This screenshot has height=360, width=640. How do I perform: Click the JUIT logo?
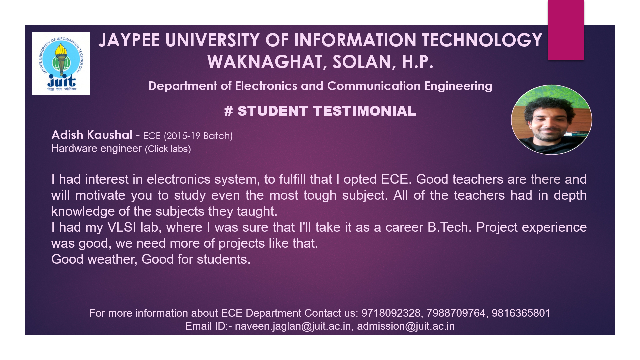(x=61, y=63)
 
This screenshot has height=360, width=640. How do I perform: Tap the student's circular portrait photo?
(x=552, y=120)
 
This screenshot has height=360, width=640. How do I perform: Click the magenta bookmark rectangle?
(x=566, y=30)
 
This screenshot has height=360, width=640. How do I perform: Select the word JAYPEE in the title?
(x=129, y=40)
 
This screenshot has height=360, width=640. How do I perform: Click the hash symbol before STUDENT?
(x=229, y=111)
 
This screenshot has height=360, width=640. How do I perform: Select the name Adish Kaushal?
(x=92, y=135)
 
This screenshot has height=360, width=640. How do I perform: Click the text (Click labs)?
(x=168, y=149)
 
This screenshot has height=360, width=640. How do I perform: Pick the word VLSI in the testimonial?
(x=122, y=227)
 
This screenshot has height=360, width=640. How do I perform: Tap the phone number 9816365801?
(x=521, y=313)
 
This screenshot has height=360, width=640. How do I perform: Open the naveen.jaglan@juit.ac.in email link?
(x=293, y=326)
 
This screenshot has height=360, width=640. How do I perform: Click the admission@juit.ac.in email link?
(x=406, y=326)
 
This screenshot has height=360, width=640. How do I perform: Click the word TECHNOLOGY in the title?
(x=482, y=40)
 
